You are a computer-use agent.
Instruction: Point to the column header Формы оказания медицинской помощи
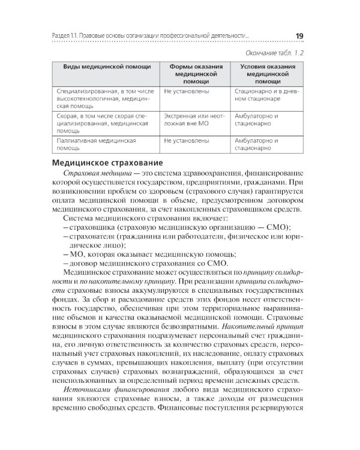(192, 73)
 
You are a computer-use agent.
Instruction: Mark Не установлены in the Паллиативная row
(186, 141)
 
